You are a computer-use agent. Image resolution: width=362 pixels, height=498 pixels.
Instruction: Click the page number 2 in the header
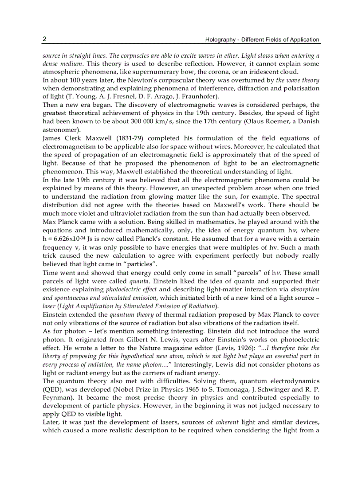click(45, 39)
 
